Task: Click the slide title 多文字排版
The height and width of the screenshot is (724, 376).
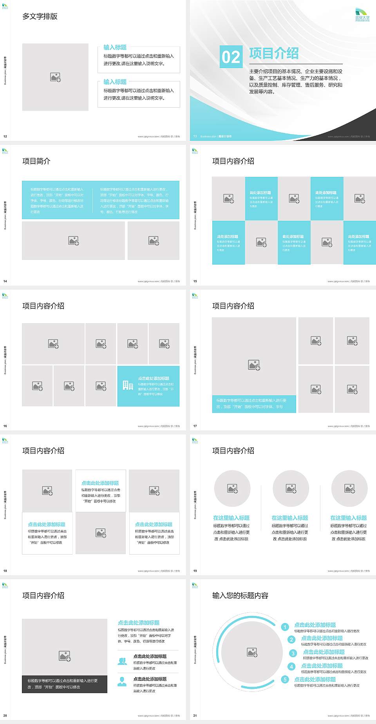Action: click(40, 16)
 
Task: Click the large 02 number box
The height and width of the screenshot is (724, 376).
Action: click(231, 57)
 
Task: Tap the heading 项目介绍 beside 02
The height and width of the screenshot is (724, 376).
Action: click(274, 53)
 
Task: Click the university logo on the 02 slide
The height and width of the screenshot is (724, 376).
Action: click(362, 15)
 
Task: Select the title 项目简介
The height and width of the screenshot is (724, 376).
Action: click(36, 161)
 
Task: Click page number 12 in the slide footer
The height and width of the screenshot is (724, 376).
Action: click(5, 137)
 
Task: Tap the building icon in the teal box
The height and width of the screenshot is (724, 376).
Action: click(128, 385)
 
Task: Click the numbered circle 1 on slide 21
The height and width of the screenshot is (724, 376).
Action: click(285, 627)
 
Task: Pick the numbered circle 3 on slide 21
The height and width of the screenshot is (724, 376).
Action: click(293, 653)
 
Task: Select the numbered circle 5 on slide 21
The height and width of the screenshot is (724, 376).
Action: click(285, 679)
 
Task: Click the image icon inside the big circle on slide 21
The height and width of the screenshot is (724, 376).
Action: click(252, 652)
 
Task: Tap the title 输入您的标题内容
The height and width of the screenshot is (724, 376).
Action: click(240, 596)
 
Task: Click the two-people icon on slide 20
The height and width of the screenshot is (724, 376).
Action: click(122, 661)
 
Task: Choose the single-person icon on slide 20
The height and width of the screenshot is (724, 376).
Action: click(122, 682)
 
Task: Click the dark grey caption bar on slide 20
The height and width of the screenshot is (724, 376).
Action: click(65, 684)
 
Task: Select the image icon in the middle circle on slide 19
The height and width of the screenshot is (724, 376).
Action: click(291, 488)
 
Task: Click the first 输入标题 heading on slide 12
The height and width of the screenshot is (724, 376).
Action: click(115, 47)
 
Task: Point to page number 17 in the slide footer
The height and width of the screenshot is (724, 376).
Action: click(195, 426)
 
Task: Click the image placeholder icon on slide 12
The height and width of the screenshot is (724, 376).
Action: click(55, 77)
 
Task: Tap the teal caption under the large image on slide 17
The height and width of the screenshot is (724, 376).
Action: click(254, 403)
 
